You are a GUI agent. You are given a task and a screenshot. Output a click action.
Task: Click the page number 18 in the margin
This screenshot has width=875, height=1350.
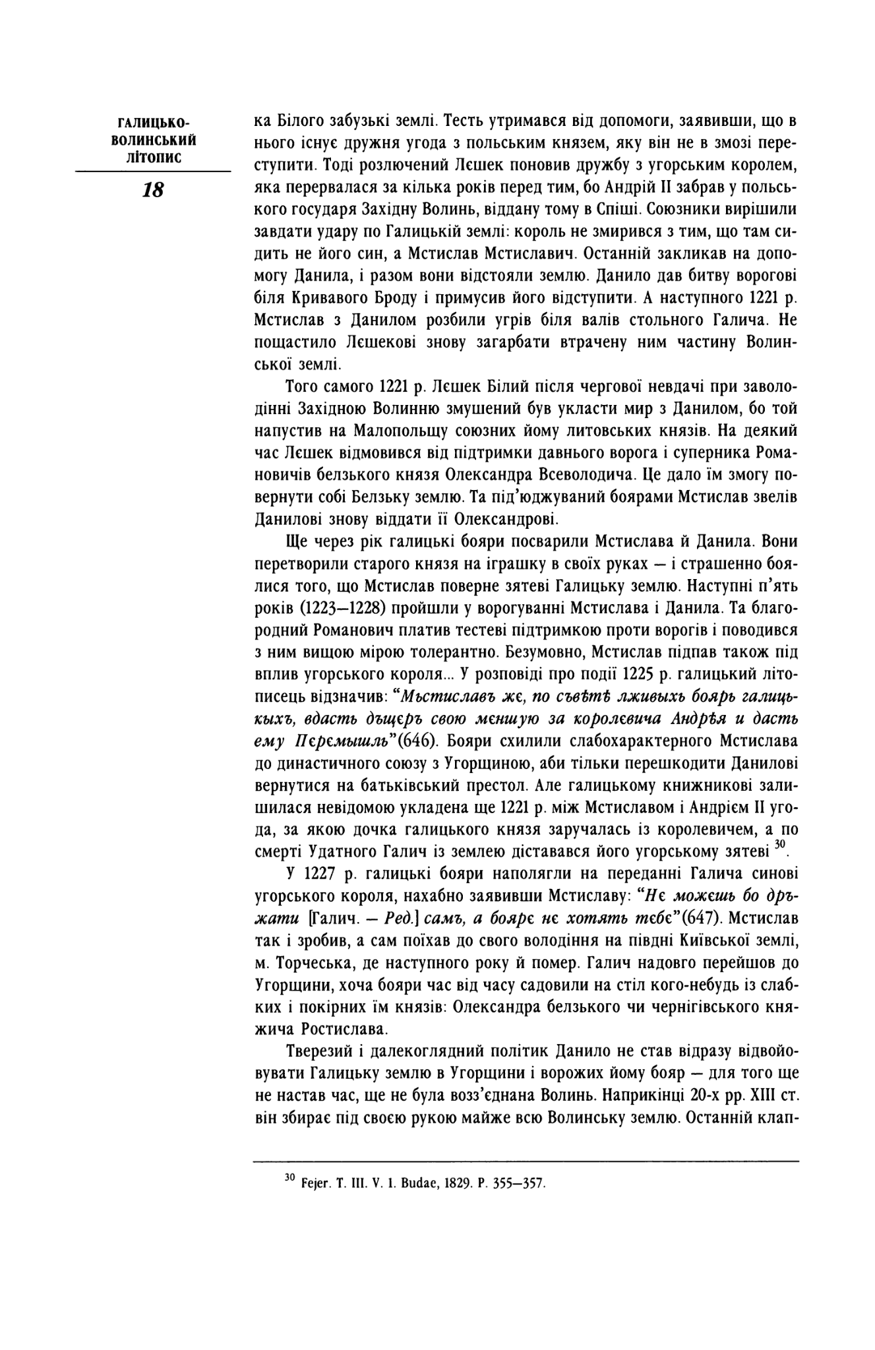153,191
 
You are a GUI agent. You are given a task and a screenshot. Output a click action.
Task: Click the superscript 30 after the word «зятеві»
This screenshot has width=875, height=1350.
781,844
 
